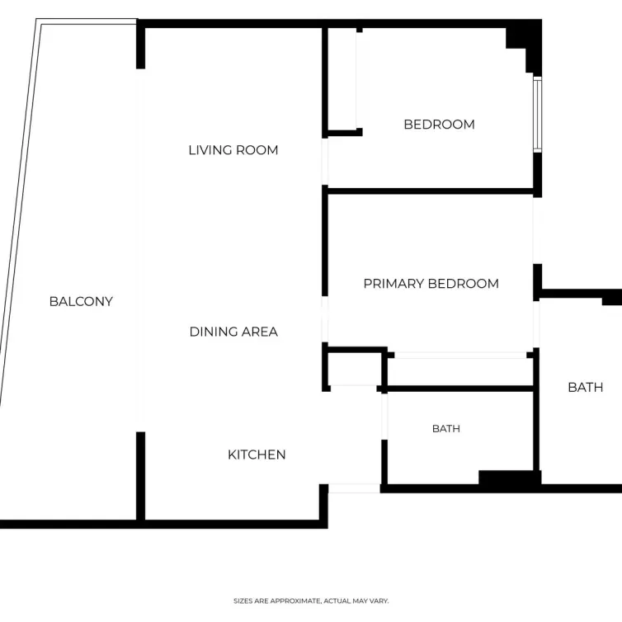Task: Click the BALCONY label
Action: pos(81,301)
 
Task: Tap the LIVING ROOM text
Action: pos(233,150)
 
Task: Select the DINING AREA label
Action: pos(233,332)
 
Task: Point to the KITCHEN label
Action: pos(257,455)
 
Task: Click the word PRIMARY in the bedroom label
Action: pos(394,284)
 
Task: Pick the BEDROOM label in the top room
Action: pos(439,125)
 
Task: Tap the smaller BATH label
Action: pos(446,429)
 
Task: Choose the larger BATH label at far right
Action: pos(586,387)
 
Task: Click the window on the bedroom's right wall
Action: pos(538,115)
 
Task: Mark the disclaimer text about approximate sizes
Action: pos(311,601)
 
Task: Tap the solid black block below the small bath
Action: pos(510,477)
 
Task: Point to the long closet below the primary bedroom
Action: pos(460,372)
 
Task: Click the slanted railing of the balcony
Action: pos(19,214)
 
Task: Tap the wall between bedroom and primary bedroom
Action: pos(431,191)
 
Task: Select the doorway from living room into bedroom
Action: pos(325,162)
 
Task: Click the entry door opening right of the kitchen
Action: pos(354,488)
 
